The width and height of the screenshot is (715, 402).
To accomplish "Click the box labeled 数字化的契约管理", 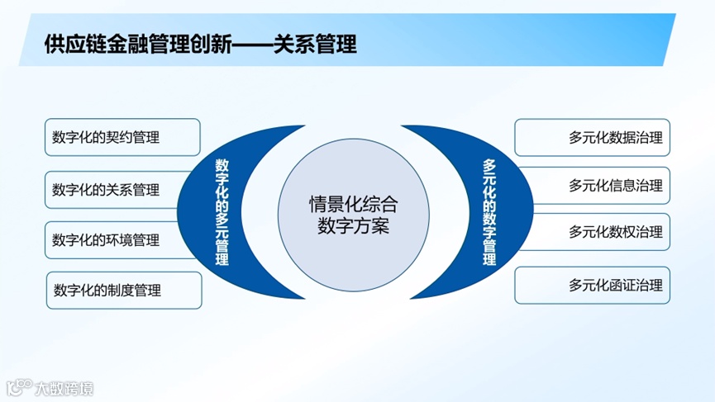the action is (x=122, y=137).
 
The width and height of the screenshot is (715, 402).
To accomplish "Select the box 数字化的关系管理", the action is (x=122, y=188).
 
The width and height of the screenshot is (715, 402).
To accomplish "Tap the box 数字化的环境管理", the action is (x=122, y=240).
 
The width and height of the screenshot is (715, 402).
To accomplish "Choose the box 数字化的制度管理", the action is (x=123, y=291).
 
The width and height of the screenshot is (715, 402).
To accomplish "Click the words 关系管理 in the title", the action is (x=322, y=44).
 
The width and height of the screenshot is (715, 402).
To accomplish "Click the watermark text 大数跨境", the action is (x=63, y=385).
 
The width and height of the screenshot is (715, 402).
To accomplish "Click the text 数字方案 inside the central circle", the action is (x=353, y=225).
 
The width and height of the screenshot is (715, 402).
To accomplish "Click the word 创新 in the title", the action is (x=217, y=44).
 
